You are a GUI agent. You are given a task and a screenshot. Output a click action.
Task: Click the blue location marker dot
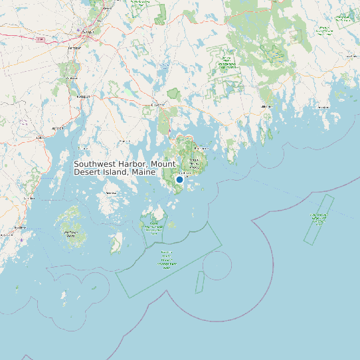coord(179,179)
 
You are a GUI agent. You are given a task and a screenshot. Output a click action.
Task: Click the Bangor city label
coord(86,31)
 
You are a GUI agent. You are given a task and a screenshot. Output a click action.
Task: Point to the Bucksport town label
coord(83,96)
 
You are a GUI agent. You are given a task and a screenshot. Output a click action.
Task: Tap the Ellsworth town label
coord(157,104)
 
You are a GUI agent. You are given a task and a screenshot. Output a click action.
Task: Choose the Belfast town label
coord(58,128)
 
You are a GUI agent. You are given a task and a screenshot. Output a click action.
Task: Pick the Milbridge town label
coord(267,106)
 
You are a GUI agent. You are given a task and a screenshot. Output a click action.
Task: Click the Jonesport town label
coord(323,107)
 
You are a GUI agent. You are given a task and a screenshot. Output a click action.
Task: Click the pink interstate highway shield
coord(40,40)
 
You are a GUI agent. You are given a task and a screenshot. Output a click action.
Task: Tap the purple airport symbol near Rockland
coord(22,239)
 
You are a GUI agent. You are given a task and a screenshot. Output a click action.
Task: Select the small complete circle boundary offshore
coord(217,266)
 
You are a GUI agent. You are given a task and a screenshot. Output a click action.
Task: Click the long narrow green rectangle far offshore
coord(319,219)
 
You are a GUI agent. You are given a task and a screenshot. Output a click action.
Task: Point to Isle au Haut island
coord(116,246)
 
